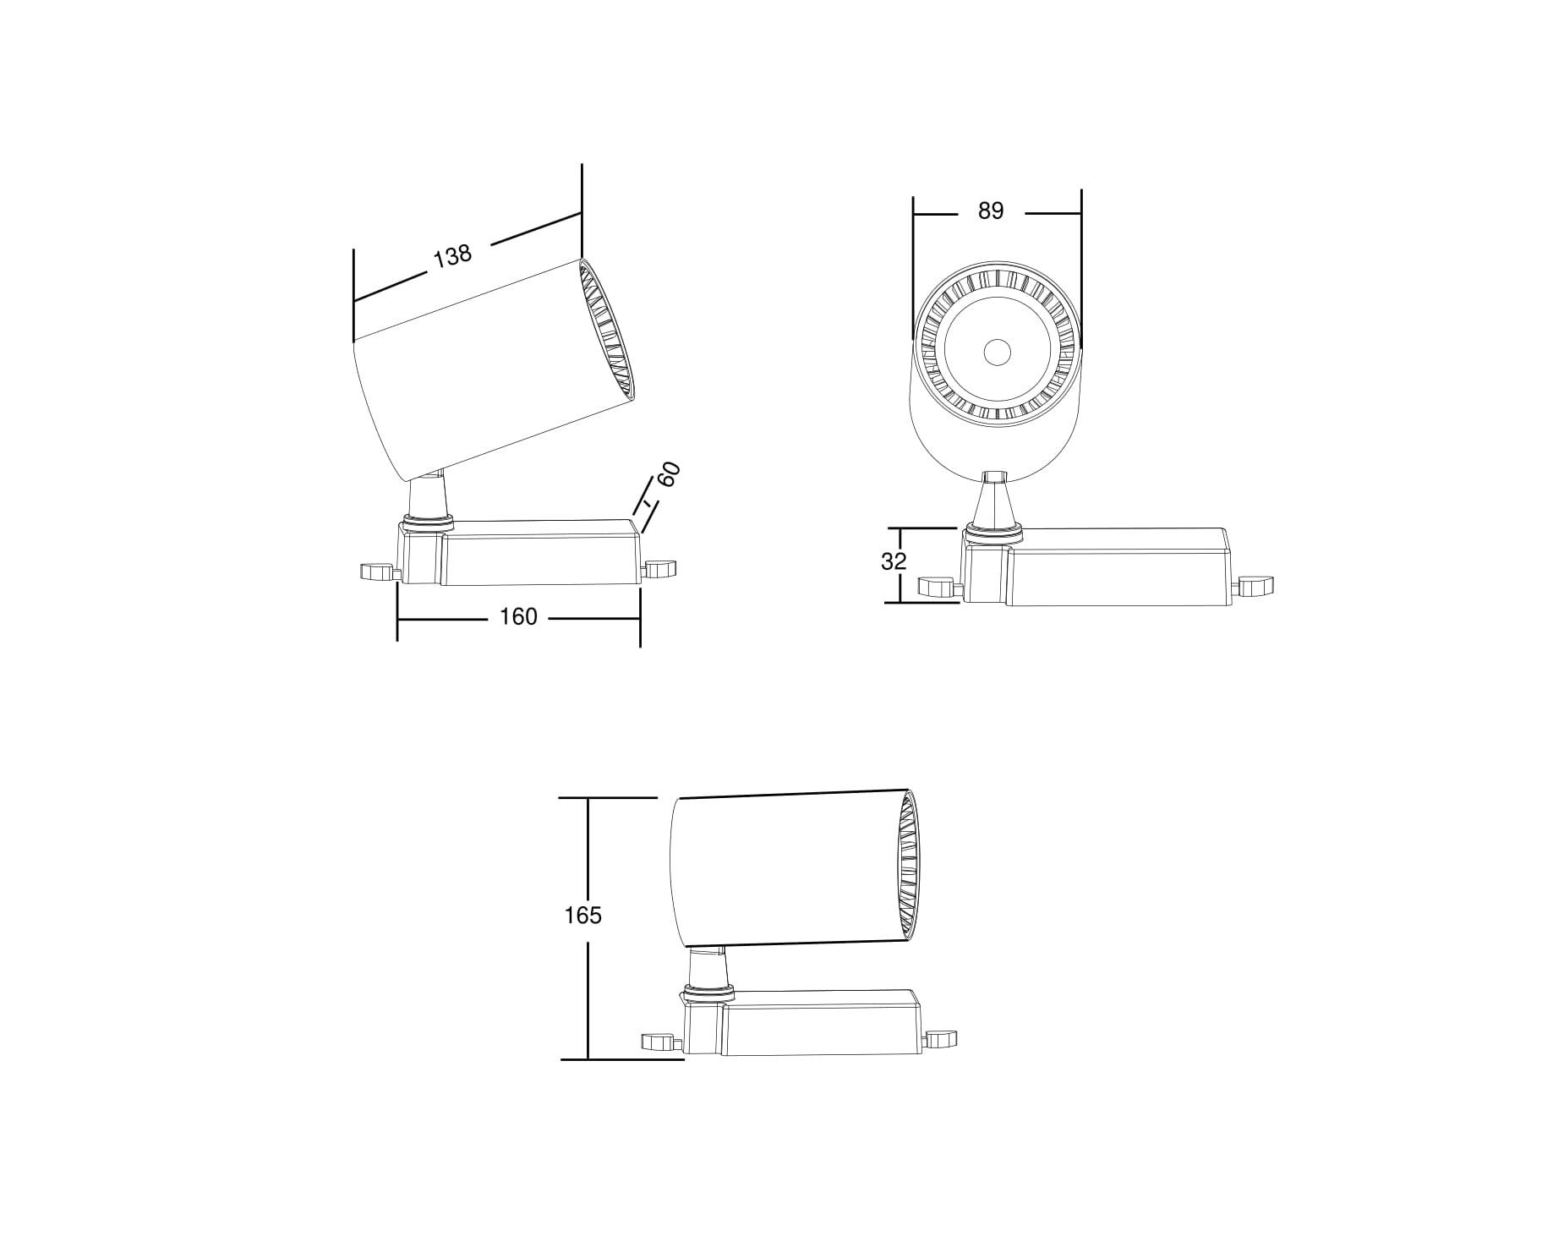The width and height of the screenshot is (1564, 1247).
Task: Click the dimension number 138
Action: [x=452, y=255]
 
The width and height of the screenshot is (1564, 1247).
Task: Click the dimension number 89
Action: [x=990, y=211]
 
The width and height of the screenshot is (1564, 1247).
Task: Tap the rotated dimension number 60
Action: [x=669, y=474]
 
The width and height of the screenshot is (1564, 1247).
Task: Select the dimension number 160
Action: [x=518, y=616]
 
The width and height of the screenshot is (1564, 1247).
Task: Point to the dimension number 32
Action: [x=894, y=561]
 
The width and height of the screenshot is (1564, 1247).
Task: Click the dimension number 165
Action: [x=582, y=915]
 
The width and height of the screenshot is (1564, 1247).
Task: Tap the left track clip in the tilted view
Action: [x=377, y=572]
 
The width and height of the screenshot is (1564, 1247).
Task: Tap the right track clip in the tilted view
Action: [x=660, y=568]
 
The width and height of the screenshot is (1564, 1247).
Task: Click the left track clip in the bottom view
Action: [x=661, y=1041]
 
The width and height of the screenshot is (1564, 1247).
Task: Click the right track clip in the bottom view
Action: [x=940, y=1038]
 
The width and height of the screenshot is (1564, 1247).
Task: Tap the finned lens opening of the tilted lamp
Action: [x=606, y=331]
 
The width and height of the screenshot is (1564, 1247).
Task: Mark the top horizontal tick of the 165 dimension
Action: [x=609, y=797]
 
